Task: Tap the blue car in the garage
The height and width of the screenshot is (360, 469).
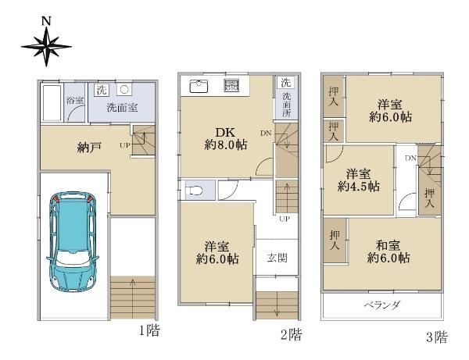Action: pyautogui.click(x=73, y=241)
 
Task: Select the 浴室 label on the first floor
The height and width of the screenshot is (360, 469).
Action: pyautogui.click(x=75, y=101)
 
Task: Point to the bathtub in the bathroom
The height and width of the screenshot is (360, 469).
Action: pyautogui.click(x=52, y=103)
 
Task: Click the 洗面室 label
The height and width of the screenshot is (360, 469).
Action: pyautogui.click(x=122, y=107)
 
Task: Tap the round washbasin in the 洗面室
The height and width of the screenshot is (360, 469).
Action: pyautogui.click(x=124, y=89)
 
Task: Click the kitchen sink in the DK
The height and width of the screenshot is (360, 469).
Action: pyautogui.click(x=199, y=87)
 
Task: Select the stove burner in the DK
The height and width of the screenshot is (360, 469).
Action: pyautogui.click(x=232, y=86)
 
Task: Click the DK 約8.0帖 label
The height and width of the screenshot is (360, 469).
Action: pyautogui.click(x=226, y=139)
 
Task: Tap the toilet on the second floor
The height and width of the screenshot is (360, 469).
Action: pyautogui.click(x=194, y=190)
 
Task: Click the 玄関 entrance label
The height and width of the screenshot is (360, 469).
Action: pyautogui.click(x=277, y=258)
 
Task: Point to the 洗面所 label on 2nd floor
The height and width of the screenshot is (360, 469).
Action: pyautogui.click(x=286, y=105)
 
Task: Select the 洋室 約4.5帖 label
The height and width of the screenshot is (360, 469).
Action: pyautogui.click(x=358, y=180)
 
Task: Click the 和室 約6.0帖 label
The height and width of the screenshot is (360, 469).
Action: pyautogui.click(x=388, y=251)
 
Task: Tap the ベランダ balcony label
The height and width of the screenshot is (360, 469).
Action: pyautogui.click(x=381, y=305)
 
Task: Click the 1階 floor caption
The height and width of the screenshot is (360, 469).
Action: pyautogui.click(x=149, y=330)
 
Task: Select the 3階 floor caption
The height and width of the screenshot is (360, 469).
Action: pyautogui.click(x=437, y=337)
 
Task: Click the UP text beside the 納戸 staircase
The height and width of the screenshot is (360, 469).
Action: pyautogui.click(x=125, y=145)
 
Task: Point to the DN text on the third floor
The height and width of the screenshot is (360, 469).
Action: pyautogui.click(x=410, y=158)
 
